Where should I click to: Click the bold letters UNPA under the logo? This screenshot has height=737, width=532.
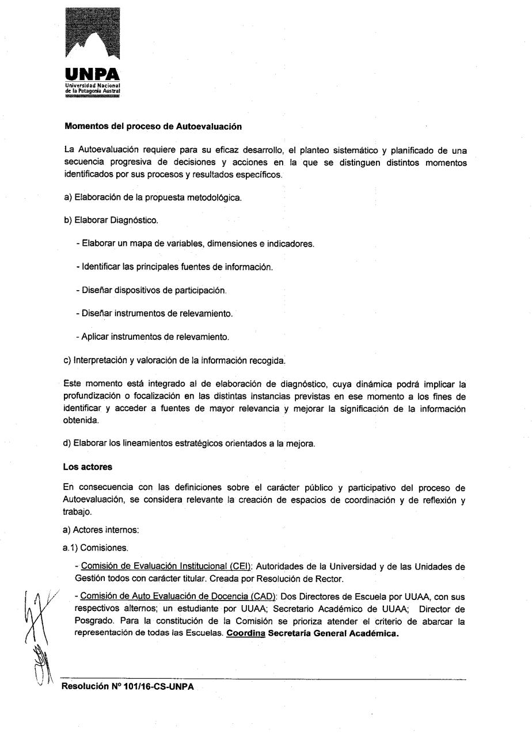(x=93, y=75)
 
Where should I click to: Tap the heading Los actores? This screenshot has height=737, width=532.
(x=88, y=467)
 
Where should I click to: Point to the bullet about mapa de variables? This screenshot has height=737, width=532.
(x=195, y=244)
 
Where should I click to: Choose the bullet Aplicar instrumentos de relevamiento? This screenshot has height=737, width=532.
(x=152, y=336)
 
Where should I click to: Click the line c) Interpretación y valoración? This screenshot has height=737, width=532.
(x=175, y=360)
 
